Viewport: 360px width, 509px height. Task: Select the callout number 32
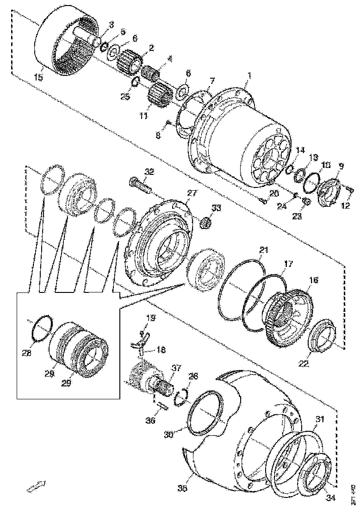pyautogui.click(x=149, y=172)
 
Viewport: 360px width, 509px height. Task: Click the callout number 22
pyautogui.click(x=303, y=364)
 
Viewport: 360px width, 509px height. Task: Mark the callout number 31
pyautogui.click(x=320, y=420)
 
